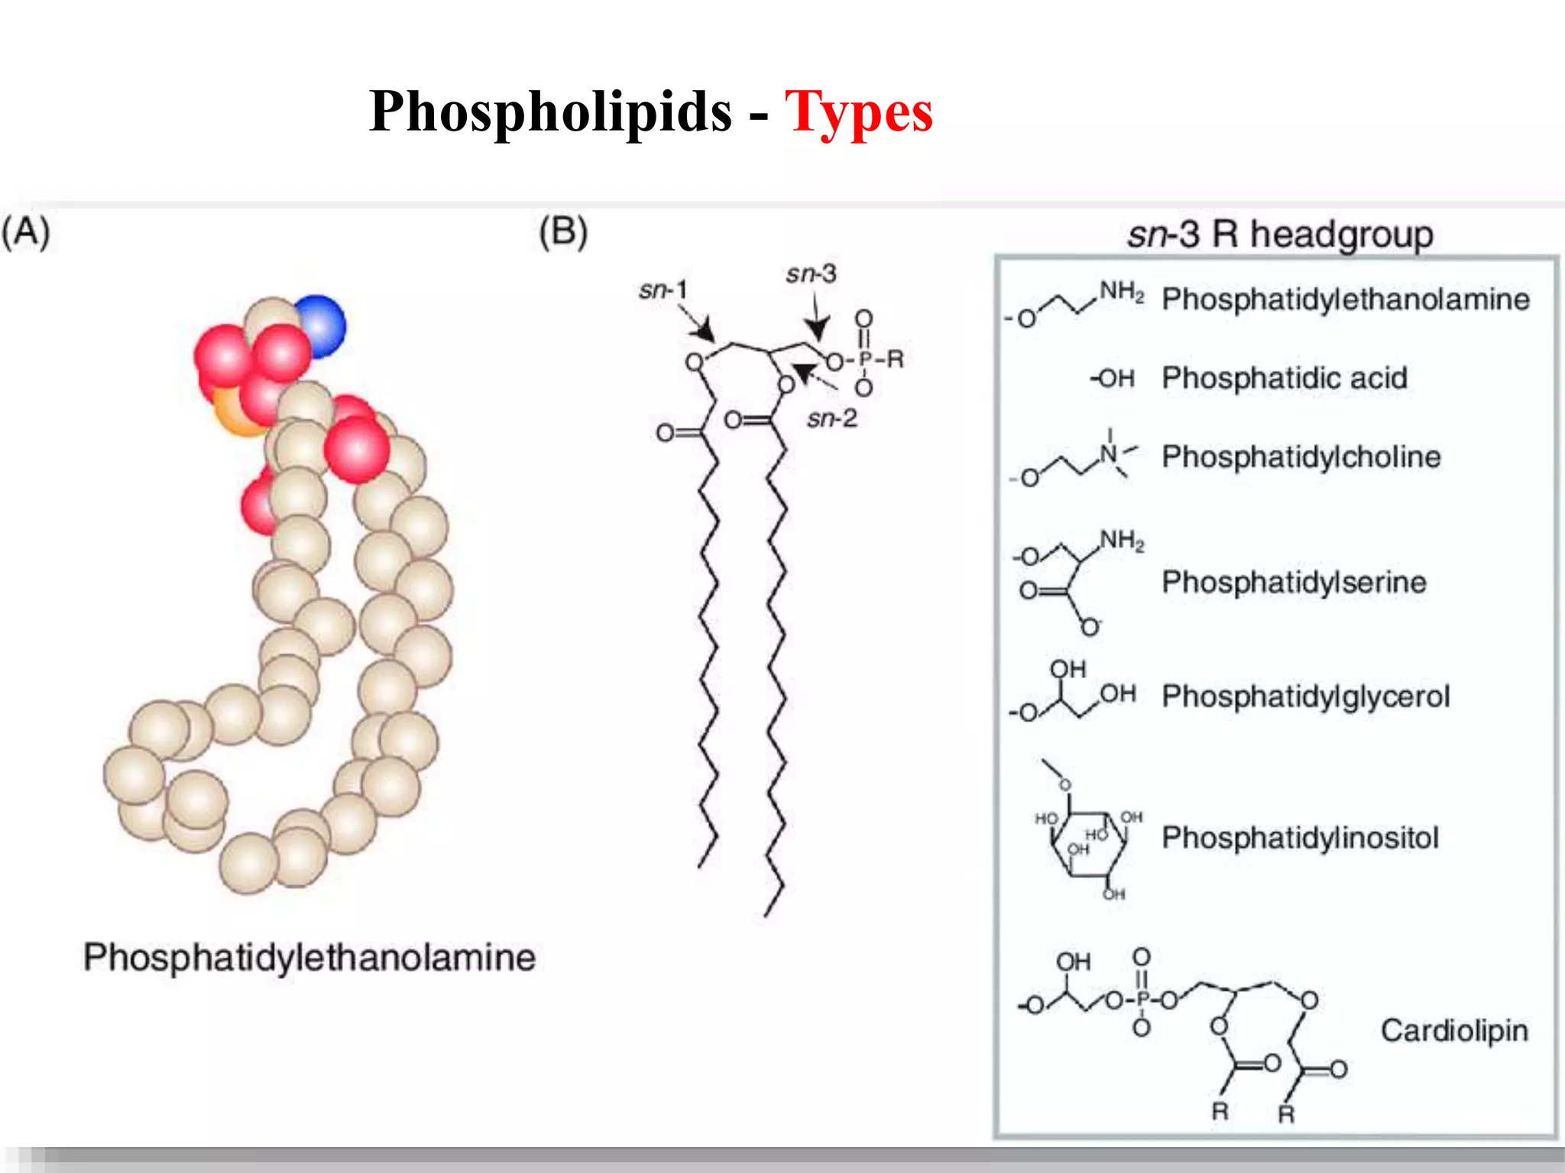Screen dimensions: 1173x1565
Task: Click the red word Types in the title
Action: coord(858,111)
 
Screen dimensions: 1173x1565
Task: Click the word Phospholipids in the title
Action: coord(550,111)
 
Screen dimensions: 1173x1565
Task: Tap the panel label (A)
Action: coord(26,232)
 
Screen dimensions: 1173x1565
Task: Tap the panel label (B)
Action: coord(563,232)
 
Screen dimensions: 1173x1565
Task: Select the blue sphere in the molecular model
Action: coord(319,325)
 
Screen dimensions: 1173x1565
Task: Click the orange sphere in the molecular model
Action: coord(232,412)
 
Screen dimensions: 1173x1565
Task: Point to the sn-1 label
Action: coord(663,290)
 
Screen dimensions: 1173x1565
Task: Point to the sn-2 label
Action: coord(832,418)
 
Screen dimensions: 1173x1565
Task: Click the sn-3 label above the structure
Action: coord(811,273)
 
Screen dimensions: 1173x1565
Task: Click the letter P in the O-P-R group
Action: coord(865,359)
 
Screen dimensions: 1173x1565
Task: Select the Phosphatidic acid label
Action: coord(1284,378)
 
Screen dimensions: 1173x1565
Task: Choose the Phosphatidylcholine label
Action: coord(1301,457)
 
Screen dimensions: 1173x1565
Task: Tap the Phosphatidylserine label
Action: coord(1294,582)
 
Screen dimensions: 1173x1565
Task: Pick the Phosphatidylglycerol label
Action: coord(1305,696)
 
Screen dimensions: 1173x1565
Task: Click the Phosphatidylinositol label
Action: coord(1300,838)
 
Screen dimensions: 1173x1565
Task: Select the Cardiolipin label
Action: coord(1453,1031)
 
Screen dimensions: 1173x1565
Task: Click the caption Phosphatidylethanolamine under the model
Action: coord(309,958)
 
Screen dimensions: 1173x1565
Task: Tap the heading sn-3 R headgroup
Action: coord(1280,234)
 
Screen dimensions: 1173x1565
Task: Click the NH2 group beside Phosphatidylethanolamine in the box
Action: coord(1121,292)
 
